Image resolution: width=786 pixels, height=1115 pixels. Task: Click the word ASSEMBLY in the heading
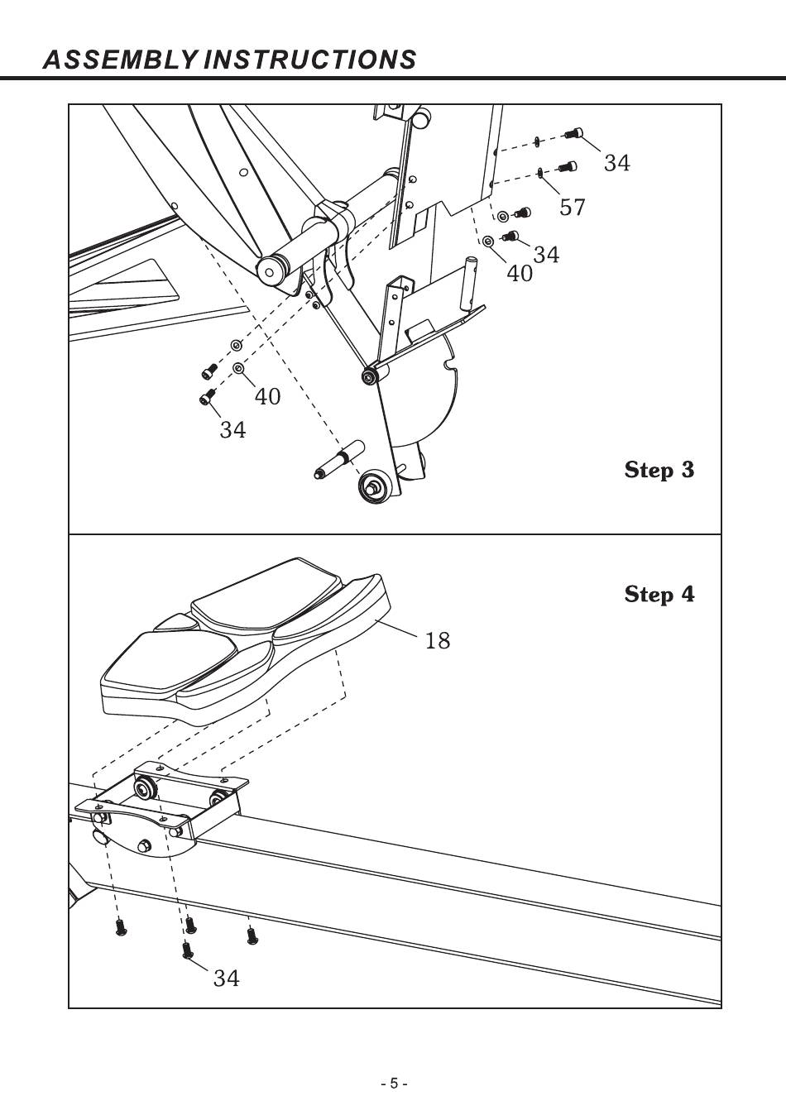pyautogui.click(x=120, y=60)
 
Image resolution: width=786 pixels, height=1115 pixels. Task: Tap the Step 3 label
pyautogui.click(x=659, y=469)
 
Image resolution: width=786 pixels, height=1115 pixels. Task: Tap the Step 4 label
pyautogui.click(x=659, y=594)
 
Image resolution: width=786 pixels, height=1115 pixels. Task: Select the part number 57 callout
pyautogui.click(x=572, y=207)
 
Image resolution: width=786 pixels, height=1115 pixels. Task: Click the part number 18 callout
pyautogui.click(x=438, y=640)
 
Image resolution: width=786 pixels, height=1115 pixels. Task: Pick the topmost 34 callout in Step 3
pyautogui.click(x=616, y=163)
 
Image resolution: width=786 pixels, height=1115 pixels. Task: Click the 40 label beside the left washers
pyautogui.click(x=268, y=396)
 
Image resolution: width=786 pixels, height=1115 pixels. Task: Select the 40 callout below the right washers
pyautogui.click(x=520, y=273)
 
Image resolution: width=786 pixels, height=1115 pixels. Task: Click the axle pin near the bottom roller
pyautogui.click(x=339, y=459)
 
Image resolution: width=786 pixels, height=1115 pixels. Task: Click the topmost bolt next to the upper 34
pyautogui.click(x=574, y=133)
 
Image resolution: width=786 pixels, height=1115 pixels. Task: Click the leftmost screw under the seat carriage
pyautogui.click(x=120, y=927)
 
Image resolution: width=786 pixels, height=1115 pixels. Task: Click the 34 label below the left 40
pyautogui.click(x=233, y=429)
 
